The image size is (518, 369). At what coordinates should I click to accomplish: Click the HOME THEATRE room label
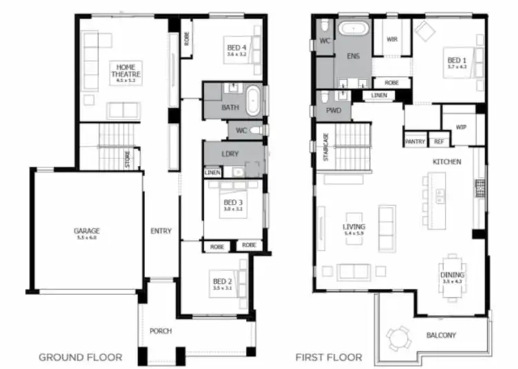[126, 70]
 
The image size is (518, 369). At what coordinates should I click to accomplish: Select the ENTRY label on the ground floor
[161, 231]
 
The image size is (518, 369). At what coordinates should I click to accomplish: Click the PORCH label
[161, 331]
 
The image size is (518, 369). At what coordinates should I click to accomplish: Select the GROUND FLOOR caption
[80, 357]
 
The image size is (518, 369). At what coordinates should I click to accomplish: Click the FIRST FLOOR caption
[329, 357]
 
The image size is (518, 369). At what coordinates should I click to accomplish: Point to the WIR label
[392, 39]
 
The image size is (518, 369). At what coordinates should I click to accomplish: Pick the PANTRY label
[415, 142]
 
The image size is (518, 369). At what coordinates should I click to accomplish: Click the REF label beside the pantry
[439, 142]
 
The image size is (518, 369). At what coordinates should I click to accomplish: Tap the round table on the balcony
[398, 338]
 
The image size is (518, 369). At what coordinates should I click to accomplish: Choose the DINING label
[452, 275]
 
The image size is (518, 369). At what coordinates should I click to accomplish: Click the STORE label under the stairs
[128, 159]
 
